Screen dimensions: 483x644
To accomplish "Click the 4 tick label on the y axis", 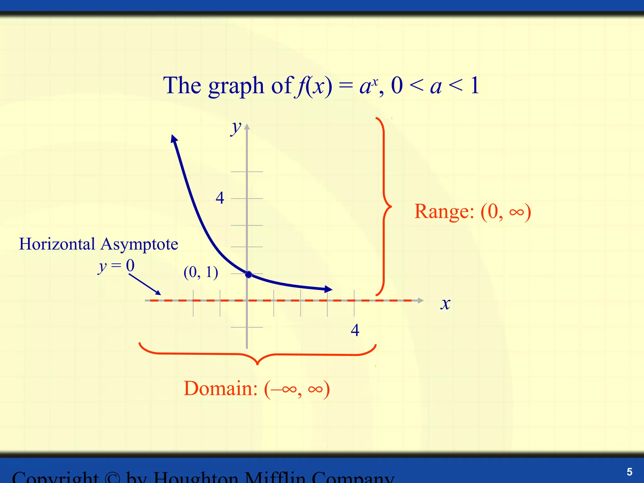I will click(220, 198).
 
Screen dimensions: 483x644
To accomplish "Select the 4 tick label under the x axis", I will click(355, 330).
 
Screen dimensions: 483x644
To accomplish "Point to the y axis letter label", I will click(236, 128).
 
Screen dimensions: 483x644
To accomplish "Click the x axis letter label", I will click(445, 304).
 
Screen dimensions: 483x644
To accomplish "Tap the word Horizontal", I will click(57, 244).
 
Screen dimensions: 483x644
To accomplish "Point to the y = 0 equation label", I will click(116, 266).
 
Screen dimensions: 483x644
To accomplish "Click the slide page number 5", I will click(629, 472).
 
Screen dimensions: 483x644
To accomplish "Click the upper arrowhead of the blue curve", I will click(174, 138).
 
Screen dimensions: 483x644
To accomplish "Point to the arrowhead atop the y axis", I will click(247, 127).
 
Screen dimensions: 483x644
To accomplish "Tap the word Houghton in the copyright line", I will click(195, 477).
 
